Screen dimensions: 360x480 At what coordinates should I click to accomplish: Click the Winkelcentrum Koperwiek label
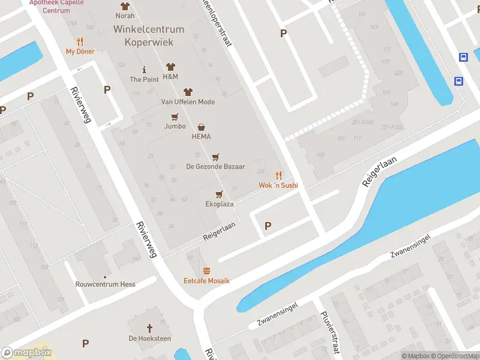149,35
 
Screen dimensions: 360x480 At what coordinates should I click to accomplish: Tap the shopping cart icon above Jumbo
175,116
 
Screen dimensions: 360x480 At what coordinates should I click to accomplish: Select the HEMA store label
201,136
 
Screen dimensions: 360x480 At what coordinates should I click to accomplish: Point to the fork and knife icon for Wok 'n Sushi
278,175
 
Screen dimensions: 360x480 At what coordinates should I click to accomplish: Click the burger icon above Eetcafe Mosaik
206,271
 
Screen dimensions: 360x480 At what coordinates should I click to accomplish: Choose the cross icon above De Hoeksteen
150,328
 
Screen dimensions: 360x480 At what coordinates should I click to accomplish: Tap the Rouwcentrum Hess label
105,284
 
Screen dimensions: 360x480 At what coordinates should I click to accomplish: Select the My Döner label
80,52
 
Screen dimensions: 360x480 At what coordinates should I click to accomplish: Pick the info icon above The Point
144,69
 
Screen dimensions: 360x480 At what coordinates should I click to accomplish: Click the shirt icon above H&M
170,67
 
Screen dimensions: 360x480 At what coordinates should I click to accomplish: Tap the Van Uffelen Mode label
188,102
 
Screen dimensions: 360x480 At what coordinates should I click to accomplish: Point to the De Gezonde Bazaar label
207,166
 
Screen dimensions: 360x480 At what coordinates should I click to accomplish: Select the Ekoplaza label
219,204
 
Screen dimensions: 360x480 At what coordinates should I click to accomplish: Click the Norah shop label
125,16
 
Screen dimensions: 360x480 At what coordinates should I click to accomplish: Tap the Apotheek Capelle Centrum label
58,7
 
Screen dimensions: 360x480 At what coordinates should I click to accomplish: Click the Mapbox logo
26,353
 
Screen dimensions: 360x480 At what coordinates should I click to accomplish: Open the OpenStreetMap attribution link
454,356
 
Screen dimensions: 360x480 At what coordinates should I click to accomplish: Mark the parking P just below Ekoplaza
268,226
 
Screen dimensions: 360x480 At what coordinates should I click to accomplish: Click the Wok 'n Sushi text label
278,186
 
